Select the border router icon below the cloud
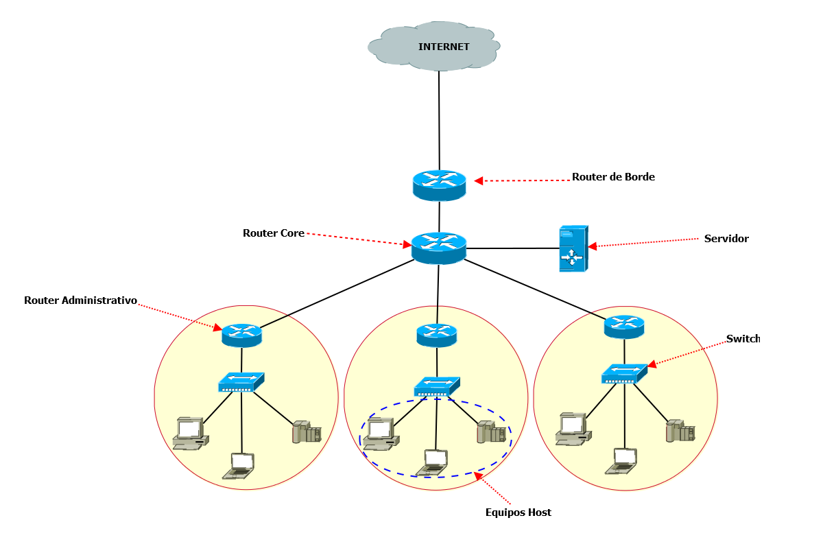pos(439,185)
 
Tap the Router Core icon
pos(439,247)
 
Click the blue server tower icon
pos(573,248)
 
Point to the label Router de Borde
pos(613,177)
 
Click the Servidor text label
pos(726,239)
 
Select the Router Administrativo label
pos(81,301)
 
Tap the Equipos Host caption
pos(518,512)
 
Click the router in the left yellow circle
pos(241,335)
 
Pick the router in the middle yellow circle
pos(436,335)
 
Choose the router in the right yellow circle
pos(624,326)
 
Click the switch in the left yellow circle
pos(241,382)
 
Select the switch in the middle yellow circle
pos(436,386)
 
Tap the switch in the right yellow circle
pos(624,374)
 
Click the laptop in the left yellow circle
pos(239,465)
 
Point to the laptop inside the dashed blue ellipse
pos(433,462)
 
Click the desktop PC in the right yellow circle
pos(573,429)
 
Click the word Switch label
pos(743,339)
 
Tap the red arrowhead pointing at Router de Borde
pos(479,181)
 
